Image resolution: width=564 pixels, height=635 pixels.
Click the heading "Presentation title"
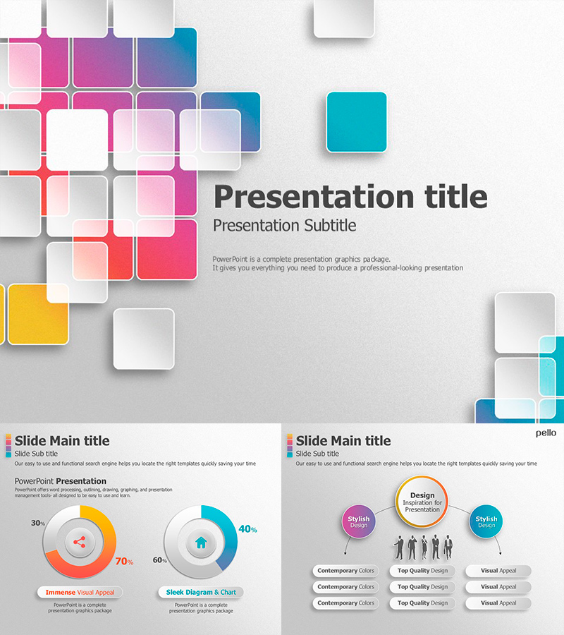(350, 196)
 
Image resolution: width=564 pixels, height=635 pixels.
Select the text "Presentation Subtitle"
(284, 226)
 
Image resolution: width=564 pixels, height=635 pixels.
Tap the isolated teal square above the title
(356, 122)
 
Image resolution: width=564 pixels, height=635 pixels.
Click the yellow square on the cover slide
(37, 314)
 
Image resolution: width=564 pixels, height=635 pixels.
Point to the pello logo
(546, 433)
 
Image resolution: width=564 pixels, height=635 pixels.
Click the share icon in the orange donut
(79, 543)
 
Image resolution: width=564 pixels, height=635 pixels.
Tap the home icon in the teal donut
(201, 543)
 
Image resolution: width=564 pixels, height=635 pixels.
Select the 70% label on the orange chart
(124, 562)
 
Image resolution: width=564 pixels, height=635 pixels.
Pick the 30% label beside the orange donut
(38, 523)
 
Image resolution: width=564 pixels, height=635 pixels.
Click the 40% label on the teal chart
(247, 529)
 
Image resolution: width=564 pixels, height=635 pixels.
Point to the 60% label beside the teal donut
(160, 560)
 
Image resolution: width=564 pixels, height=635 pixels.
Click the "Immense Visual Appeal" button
(80, 593)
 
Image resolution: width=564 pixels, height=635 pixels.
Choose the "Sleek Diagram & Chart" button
(201, 593)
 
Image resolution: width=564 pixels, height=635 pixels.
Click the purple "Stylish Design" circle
(358, 522)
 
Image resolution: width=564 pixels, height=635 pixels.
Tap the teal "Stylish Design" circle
(486, 522)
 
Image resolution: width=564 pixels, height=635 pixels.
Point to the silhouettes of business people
(423, 548)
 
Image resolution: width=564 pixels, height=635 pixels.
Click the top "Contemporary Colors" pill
(345, 571)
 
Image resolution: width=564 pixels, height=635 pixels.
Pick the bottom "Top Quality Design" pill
(422, 603)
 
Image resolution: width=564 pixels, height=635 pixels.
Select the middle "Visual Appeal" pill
(498, 587)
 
